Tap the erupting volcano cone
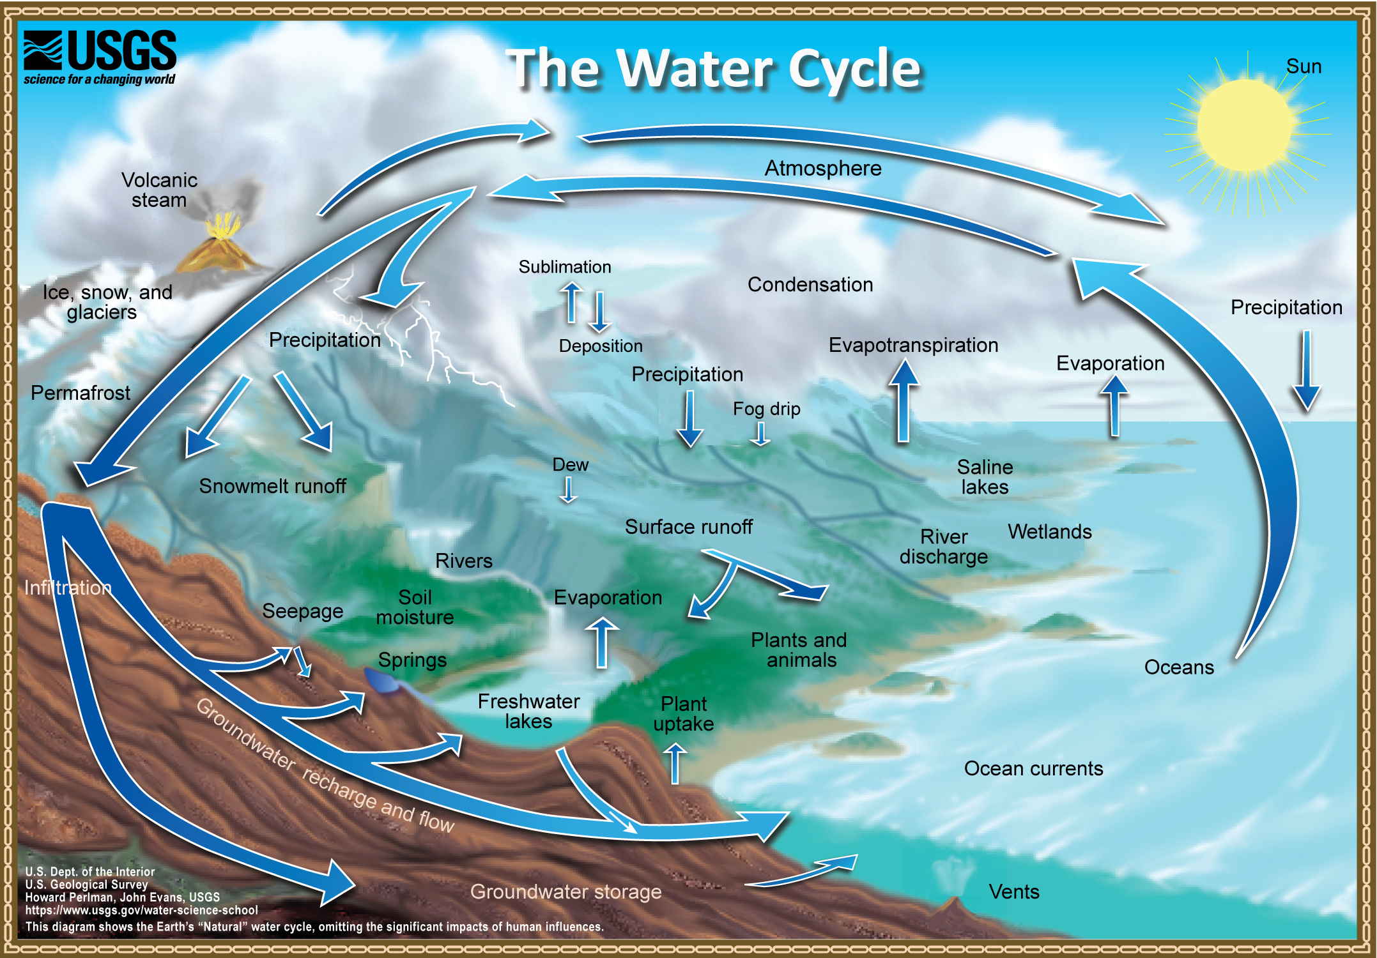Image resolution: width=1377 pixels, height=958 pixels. (x=220, y=252)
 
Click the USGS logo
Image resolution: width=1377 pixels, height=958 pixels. (x=100, y=56)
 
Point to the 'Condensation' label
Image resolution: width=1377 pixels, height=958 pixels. (x=810, y=284)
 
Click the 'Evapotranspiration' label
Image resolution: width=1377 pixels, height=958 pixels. (x=912, y=345)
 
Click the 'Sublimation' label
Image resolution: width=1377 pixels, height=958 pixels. (x=564, y=267)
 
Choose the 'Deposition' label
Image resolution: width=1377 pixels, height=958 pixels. (x=600, y=346)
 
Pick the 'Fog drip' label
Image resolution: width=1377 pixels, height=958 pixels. (x=766, y=409)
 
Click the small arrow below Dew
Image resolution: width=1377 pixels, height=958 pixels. (x=567, y=490)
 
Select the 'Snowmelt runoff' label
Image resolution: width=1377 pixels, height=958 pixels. (x=272, y=486)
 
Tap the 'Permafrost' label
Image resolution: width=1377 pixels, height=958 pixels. (x=81, y=393)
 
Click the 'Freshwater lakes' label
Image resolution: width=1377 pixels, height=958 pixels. (x=528, y=711)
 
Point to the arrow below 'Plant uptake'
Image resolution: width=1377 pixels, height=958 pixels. (x=675, y=763)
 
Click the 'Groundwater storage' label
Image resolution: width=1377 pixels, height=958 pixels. (x=565, y=892)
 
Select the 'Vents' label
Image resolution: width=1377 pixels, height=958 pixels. (x=1013, y=892)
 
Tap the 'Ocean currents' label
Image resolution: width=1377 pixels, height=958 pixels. (x=1033, y=768)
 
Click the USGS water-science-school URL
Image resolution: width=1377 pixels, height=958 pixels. (x=141, y=910)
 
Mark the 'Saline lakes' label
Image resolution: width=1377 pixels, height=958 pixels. (x=984, y=477)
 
